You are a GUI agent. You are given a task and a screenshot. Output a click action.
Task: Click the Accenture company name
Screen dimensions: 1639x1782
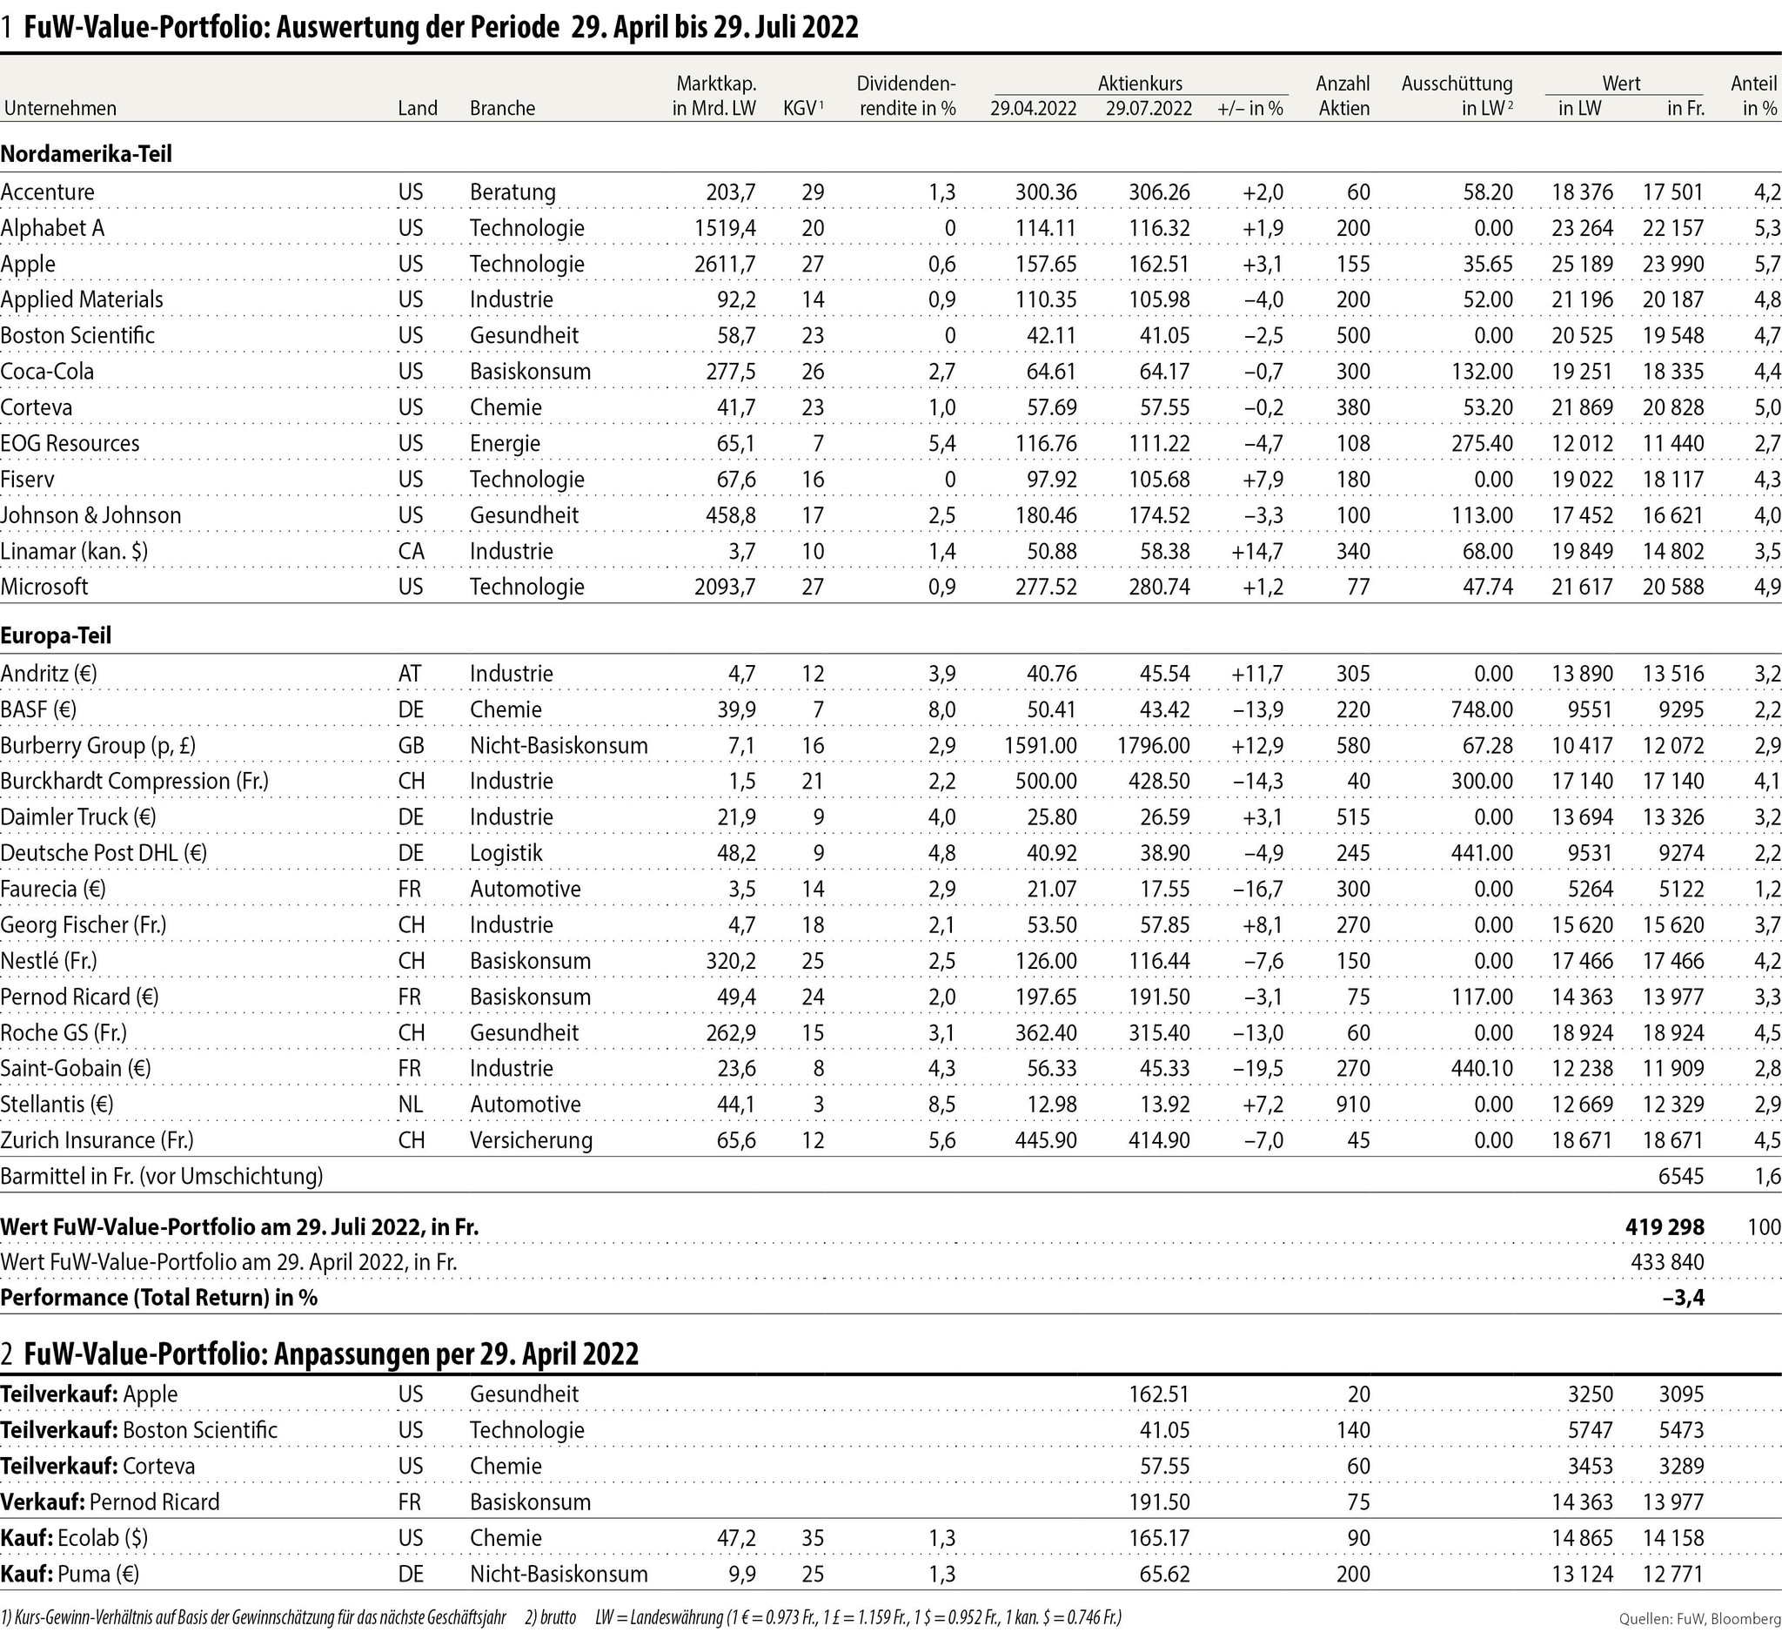[x=47, y=192]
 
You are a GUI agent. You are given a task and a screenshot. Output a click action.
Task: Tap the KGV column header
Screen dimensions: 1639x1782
[x=802, y=108]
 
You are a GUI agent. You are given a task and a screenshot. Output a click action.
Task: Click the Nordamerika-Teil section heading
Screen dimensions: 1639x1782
[x=86, y=153]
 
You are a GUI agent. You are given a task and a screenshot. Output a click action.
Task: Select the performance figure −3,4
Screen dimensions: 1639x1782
[x=1683, y=1299]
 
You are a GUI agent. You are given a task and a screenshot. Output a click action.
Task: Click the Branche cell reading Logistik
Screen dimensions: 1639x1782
[x=506, y=853]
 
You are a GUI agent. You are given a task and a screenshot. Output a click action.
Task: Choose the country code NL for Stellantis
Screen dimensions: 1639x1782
[x=411, y=1105]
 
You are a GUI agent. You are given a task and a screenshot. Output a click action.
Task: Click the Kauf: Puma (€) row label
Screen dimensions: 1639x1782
[x=70, y=1575]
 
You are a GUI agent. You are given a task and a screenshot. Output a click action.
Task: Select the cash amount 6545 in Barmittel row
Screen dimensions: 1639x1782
[x=1681, y=1177]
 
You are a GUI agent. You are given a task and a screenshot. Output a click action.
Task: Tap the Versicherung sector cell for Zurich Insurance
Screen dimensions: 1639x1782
[x=531, y=1140]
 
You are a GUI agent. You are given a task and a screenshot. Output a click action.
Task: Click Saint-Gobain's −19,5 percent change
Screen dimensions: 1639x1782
[x=1256, y=1069]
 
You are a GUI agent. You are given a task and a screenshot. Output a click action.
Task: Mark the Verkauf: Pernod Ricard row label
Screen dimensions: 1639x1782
[x=110, y=1502]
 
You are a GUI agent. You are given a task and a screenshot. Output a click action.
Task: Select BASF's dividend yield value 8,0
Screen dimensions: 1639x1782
[x=941, y=710]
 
